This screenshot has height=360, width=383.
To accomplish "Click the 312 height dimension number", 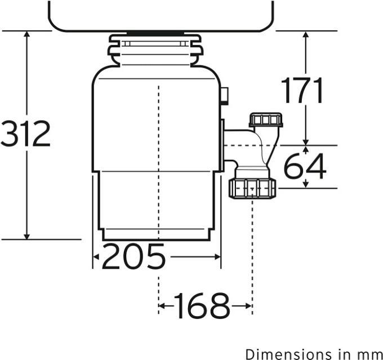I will click(x=26, y=134).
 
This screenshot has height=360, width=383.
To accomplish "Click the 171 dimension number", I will click(x=302, y=91).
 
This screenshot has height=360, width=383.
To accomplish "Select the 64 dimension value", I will click(x=305, y=167).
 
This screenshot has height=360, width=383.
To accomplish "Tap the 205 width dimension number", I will click(x=133, y=257).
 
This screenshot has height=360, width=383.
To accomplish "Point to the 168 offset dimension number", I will click(x=202, y=306).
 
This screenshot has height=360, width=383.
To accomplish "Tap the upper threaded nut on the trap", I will click(x=265, y=120).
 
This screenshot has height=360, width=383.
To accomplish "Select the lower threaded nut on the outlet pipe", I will click(x=252, y=188).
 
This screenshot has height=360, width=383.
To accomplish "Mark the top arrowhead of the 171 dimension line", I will click(x=306, y=35).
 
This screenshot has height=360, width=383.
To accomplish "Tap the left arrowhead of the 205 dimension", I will click(x=96, y=257).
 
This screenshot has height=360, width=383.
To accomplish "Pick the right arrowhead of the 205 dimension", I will click(x=217, y=257).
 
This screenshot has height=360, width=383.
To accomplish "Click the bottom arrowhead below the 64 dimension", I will click(x=306, y=184).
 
